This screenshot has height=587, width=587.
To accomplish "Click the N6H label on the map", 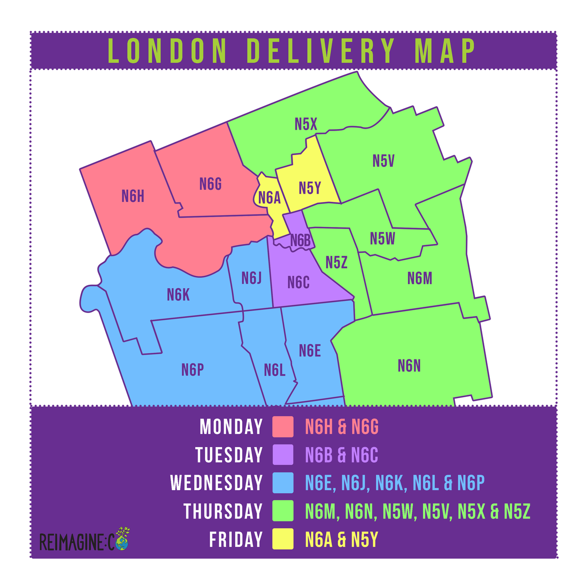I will click(x=133, y=197).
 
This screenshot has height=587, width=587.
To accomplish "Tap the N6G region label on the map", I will click(x=211, y=184).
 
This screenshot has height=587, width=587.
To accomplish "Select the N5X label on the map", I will click(x=306, y=124).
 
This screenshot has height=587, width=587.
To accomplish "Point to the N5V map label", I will click(x=383, y=161).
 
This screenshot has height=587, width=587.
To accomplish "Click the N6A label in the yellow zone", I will click(x=269, y=198).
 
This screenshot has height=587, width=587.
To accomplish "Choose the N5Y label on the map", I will click(x=310, y=188).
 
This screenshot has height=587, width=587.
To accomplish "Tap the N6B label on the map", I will click(x=300, y=241).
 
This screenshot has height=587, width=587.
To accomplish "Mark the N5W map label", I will click(x=383, y=239).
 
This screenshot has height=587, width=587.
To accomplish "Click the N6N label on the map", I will click(x=409, y=366).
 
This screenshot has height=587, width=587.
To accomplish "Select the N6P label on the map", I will click(x=192, y=370).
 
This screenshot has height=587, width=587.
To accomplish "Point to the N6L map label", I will click(x=274, y=370).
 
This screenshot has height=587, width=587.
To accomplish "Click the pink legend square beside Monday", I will click(x=283, y=427).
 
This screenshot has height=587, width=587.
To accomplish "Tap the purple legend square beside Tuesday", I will click(x=283, y=455).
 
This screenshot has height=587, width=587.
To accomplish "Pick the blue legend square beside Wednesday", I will click(x=283, y=483).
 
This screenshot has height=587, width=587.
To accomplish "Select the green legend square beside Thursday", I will click(x=283, y=511).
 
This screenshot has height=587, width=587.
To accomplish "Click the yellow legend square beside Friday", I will click(x=283, y=540).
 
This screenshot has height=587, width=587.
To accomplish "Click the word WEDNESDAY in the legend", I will click(x=216, y=483).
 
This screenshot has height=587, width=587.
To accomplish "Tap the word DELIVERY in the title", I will click(x=321, y=50).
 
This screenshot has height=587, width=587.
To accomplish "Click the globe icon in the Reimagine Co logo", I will click(x=122, y=542).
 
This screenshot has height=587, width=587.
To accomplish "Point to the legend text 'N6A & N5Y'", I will click(x=341, y=540).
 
